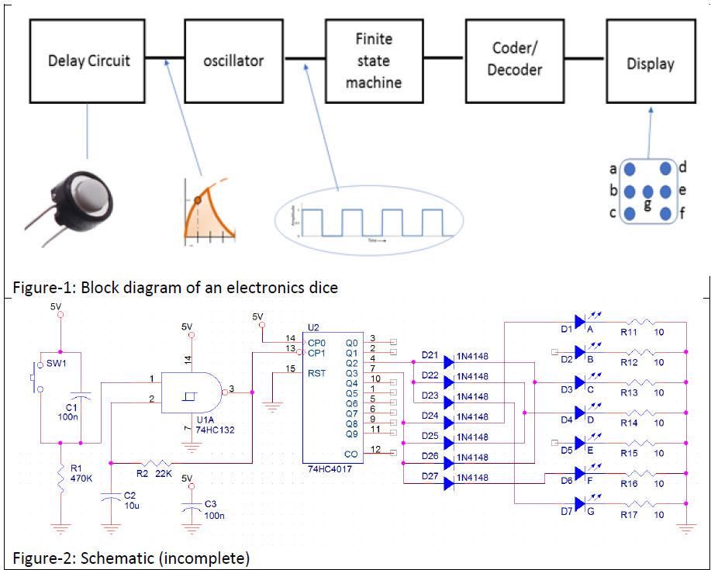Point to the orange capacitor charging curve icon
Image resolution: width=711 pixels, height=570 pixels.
pos(208,209)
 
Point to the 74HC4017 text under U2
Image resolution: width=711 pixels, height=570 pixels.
pos(333,470)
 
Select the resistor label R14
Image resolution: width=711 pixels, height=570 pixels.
pos(630,423)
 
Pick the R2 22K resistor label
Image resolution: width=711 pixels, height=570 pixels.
pos(154,472)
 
